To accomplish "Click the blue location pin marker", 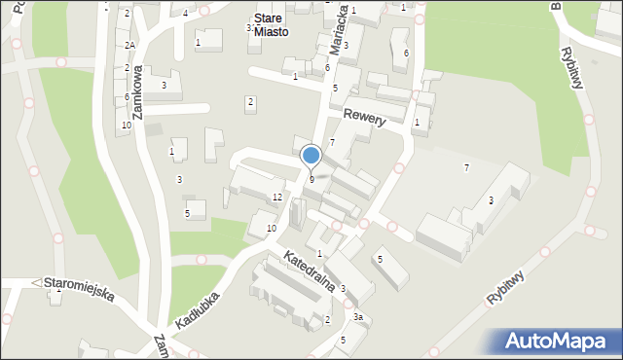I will coord(311,156).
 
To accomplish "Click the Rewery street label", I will coord(365,118).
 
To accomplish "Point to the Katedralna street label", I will coord(310,270).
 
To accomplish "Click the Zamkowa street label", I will coord(138,92).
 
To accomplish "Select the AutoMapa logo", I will coord(560,342).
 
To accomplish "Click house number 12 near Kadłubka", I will coord(277,198).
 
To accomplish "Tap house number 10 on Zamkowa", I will coord(127,126).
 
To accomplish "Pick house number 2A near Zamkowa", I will coord(129,46).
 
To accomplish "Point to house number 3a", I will coord(358,317).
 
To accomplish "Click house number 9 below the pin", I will coord(311,179).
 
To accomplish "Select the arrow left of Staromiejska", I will coord(37,282).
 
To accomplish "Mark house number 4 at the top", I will coord(185,13).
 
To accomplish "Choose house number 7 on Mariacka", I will coord(332,143).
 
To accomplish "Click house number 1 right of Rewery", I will coord(417,123).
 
